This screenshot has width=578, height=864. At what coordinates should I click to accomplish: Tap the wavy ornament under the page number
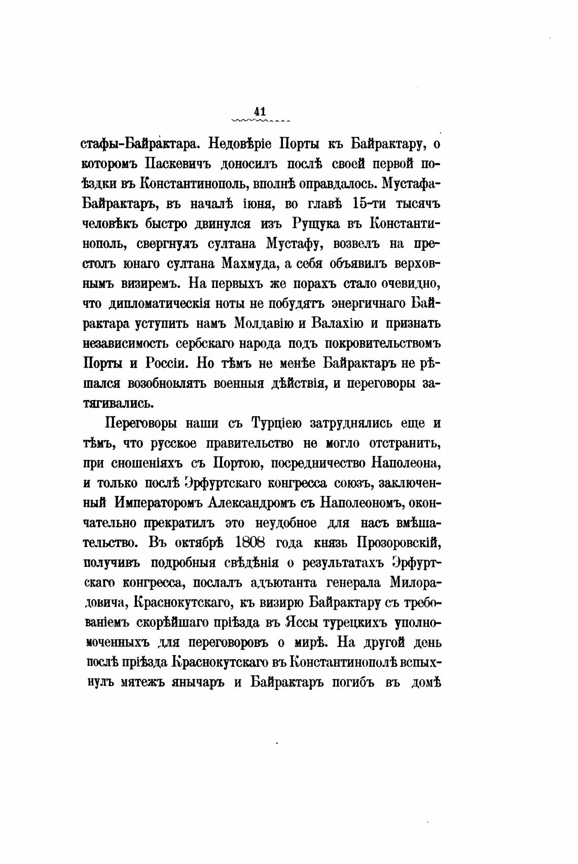click(260, 122)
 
